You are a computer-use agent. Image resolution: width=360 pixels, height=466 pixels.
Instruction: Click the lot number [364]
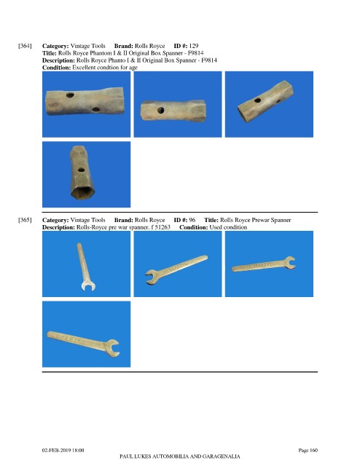[25, 46]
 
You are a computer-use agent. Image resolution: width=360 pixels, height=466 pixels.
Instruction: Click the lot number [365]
[25, 220]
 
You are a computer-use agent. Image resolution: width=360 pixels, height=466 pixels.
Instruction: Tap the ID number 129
[194, 46]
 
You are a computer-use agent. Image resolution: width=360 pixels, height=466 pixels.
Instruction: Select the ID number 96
[192, 220]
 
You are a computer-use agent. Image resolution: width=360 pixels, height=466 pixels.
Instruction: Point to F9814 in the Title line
[195, 53]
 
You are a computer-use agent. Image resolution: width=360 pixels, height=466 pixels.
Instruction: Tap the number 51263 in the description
[163, 227]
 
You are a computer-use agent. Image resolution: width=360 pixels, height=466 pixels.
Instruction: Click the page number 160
[313, 450]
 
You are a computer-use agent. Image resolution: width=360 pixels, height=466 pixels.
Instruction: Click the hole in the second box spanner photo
[160, 111]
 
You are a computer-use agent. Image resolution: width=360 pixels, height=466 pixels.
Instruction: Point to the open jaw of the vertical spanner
[88, 286]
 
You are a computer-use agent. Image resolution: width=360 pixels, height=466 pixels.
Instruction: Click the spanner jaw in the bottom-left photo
[113, 348]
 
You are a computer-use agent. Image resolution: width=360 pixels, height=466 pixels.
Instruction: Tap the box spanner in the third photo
[265, 101]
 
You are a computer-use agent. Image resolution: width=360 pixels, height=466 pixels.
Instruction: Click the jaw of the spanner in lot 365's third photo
[290, 263]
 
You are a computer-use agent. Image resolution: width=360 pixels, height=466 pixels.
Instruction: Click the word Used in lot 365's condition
[216, 227]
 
